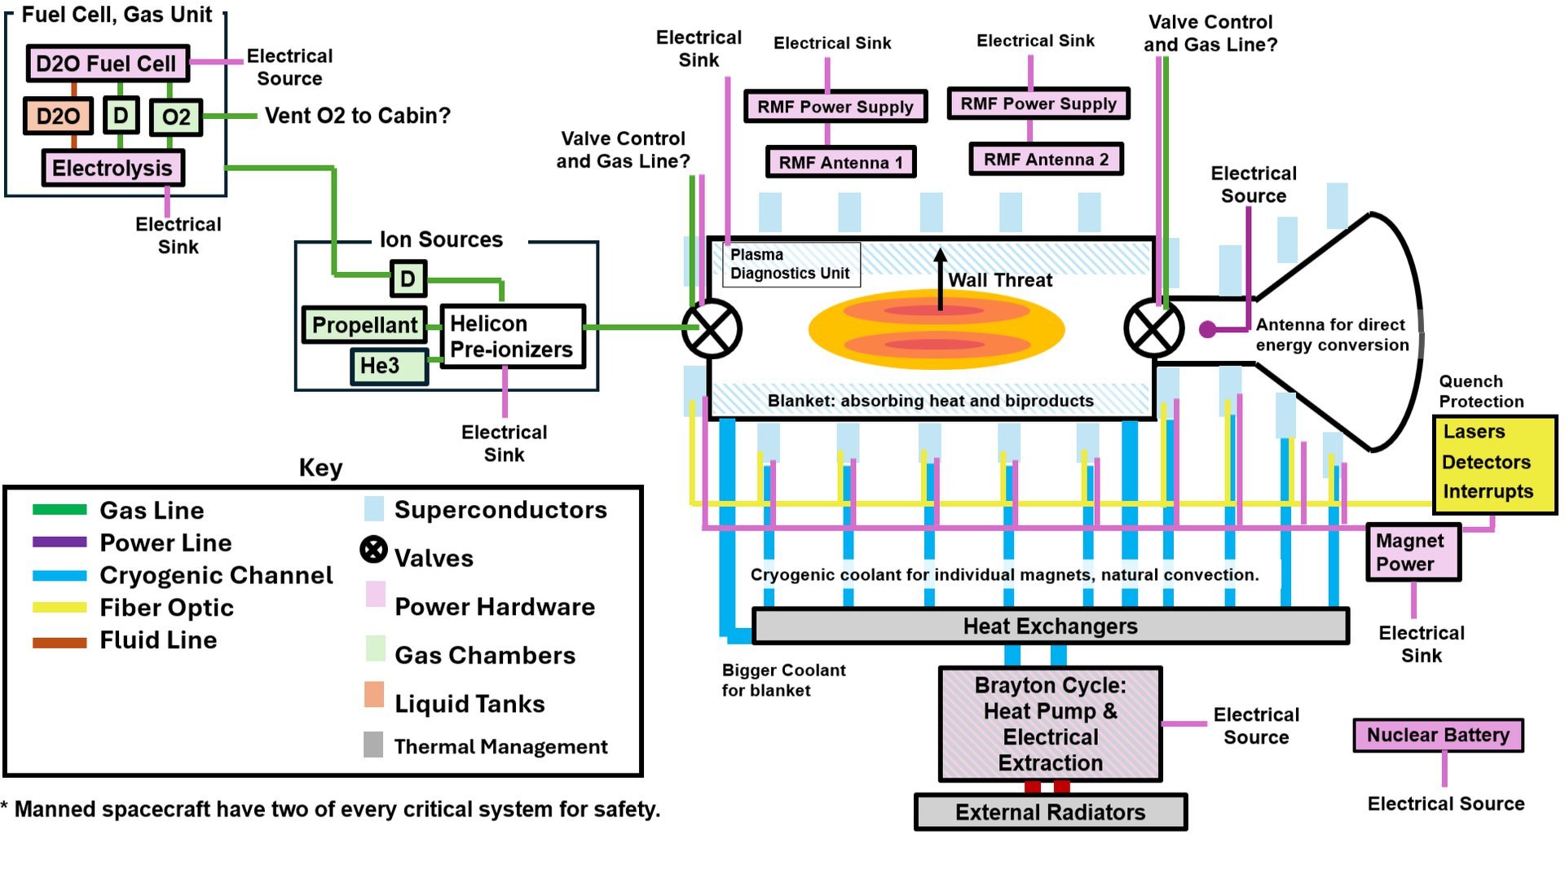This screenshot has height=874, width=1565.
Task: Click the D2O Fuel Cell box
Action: [108, 64]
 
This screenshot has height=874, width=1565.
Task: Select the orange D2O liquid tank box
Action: [58, 116]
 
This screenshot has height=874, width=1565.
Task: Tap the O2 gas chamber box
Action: [176, 117]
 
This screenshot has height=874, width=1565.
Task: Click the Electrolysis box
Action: [112, 169]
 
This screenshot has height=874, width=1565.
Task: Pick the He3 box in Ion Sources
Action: [389, 366]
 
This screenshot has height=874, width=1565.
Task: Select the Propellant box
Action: [364, 325]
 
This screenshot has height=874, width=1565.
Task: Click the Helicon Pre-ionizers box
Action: [512, 336]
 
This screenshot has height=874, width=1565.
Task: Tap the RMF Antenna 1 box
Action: [840, 162]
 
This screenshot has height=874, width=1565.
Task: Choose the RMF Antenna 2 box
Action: [1046, 160]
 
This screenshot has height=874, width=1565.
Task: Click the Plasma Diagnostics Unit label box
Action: [790, 264]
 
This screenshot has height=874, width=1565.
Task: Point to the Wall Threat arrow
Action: [940, 279]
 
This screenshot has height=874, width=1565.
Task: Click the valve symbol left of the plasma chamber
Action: [712, 329]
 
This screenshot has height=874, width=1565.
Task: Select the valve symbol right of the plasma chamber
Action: [1153, 329]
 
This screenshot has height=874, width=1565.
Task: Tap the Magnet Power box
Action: [1412, 552]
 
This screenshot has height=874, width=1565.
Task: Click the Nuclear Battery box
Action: [1438, 735]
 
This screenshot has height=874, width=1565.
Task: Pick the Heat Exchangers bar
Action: [1050, 626]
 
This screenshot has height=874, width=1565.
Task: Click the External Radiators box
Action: [1050, 812]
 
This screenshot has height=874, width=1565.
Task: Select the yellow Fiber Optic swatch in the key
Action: [60, 608]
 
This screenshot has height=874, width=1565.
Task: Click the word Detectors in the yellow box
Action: [1486, 462]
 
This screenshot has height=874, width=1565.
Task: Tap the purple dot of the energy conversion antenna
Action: [1208, 329]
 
